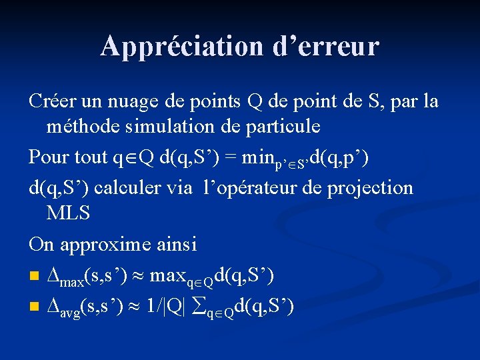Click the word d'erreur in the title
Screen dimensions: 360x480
[x=326, y=46]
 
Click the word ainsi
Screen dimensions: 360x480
[x=176, y=244]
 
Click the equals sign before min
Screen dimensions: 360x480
[x=229, y=157]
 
